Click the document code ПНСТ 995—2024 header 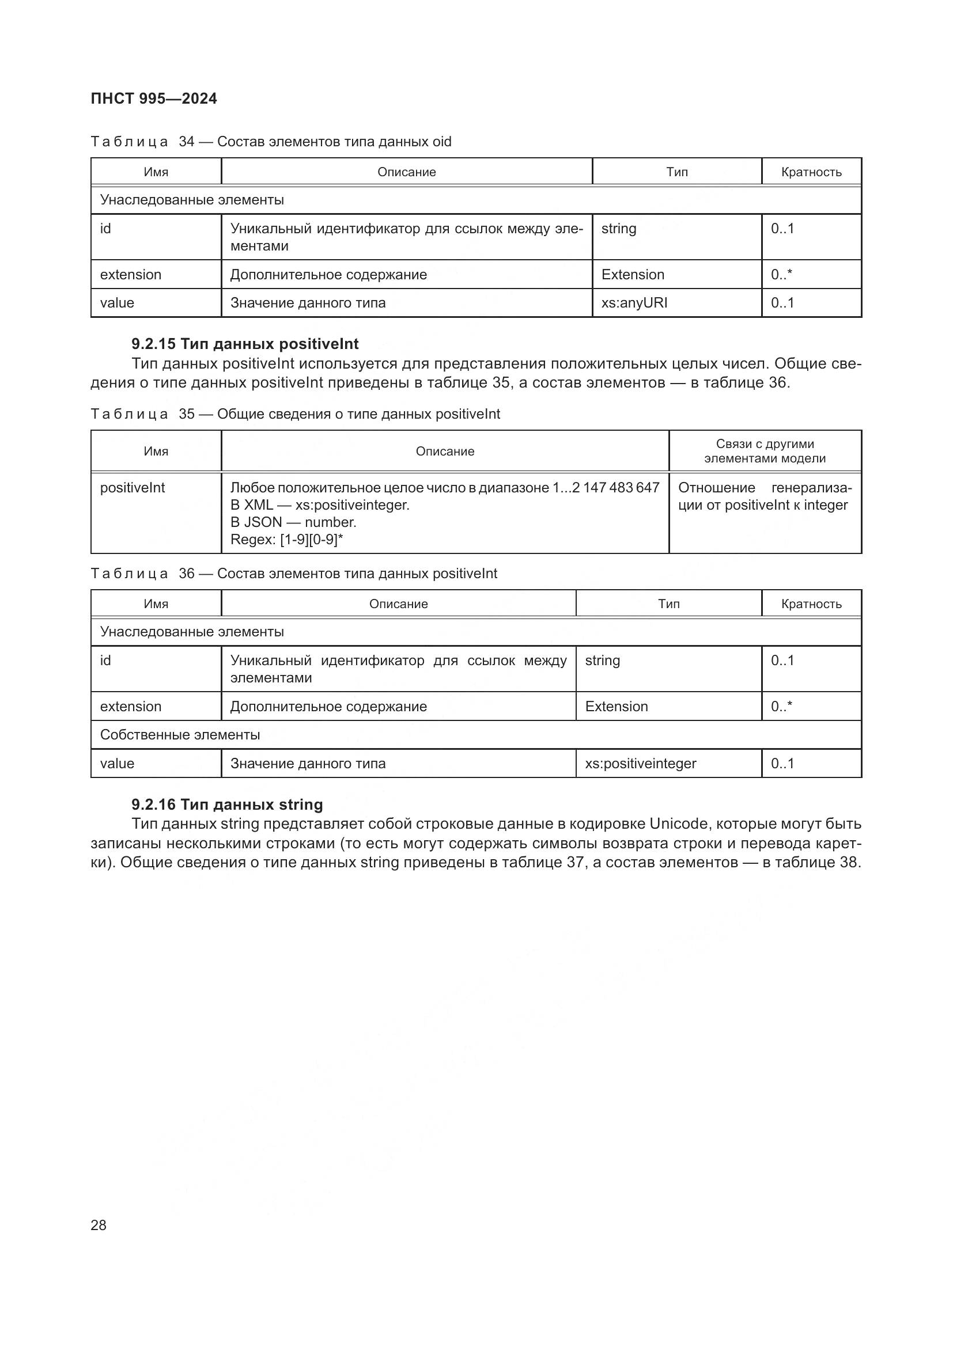[x=154, y=98]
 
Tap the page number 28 [x=99, y=1225]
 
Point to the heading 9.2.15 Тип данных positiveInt [x=245, y=344]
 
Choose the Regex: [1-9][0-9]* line [x=286, y=539]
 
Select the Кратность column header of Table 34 [x=811, y=172]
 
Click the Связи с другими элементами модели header [x=765, y=451]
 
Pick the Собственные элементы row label [x=180, y=734]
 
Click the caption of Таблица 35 [x=295, y=414]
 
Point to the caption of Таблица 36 [x=293, y=573]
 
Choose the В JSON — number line [x=293, y=522]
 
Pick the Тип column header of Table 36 [x=668, y=604]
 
